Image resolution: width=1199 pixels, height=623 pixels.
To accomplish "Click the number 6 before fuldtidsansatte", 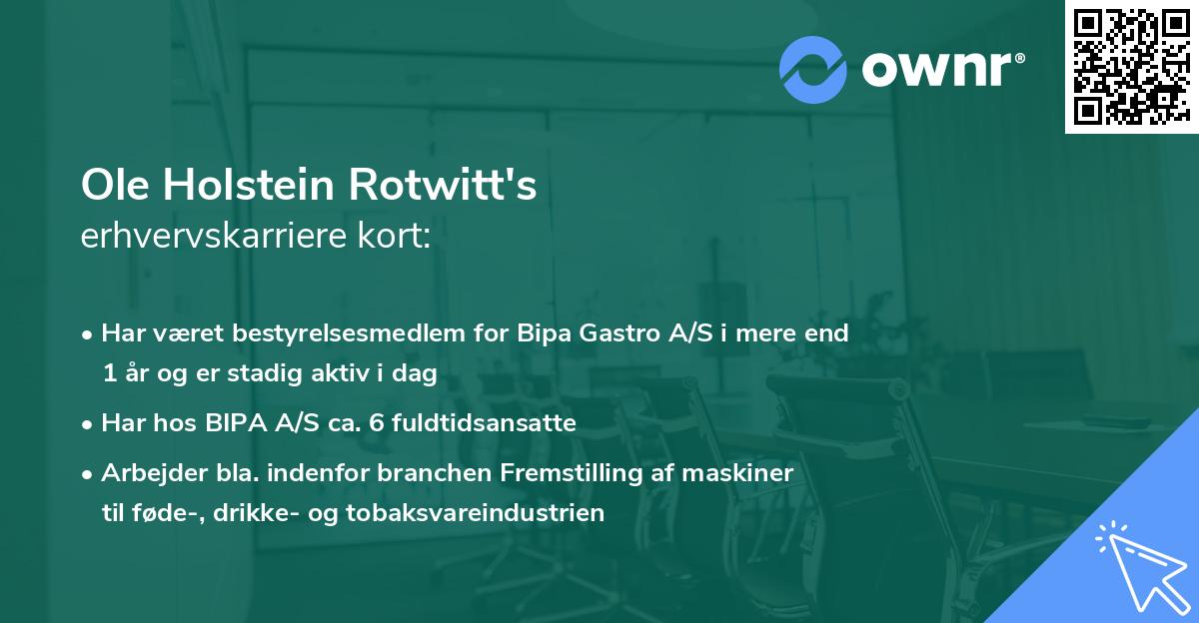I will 375,423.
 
